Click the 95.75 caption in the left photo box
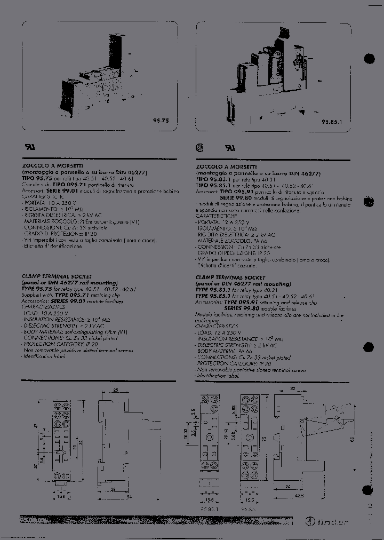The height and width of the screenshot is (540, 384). tap(161, 121)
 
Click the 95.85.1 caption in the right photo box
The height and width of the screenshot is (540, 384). tap(331, 121)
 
